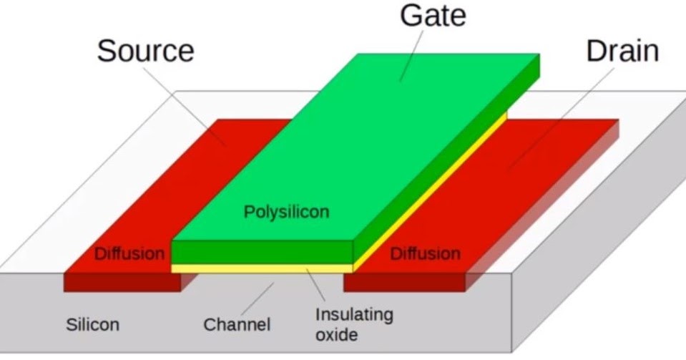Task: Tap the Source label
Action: [x=145, y=52]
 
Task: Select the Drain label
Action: [x=622, y=52]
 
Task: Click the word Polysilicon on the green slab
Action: [x=287, y=213]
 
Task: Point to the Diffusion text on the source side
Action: [x=129, y=254]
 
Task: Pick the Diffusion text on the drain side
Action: [x=425, y=254]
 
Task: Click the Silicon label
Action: [x=92, y=324]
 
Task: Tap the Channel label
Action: [x=237, y=325]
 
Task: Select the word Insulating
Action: [x=354, y=315]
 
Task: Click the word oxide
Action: [x=336, y=334]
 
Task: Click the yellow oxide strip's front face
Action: [x=262, y=268]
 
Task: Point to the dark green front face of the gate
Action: [x=262, y=253]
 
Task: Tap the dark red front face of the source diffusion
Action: [x=122, y=282]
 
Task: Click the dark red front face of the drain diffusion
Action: [x=404, y=282]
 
